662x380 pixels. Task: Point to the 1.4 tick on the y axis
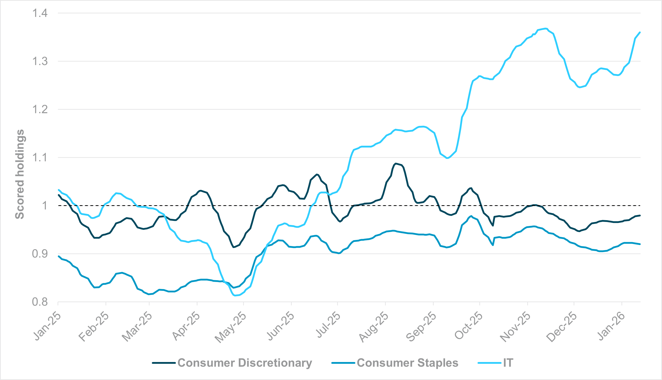[x=40, y=13]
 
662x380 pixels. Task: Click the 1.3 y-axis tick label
[x=40, y=61]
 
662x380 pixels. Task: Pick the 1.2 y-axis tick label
[x=40, y=109]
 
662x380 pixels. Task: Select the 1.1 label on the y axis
[x=40, y=158]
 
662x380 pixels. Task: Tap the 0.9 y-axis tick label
[x=40, y=254]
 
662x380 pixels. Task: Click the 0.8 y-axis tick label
[x=40, y=302]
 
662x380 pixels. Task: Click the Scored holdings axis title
[x=20, y=174]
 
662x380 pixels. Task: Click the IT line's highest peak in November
[x=545, y=28]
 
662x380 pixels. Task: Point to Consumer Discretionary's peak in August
[x=396, y=163]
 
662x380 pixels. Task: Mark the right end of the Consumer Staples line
[x=640, y=244]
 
